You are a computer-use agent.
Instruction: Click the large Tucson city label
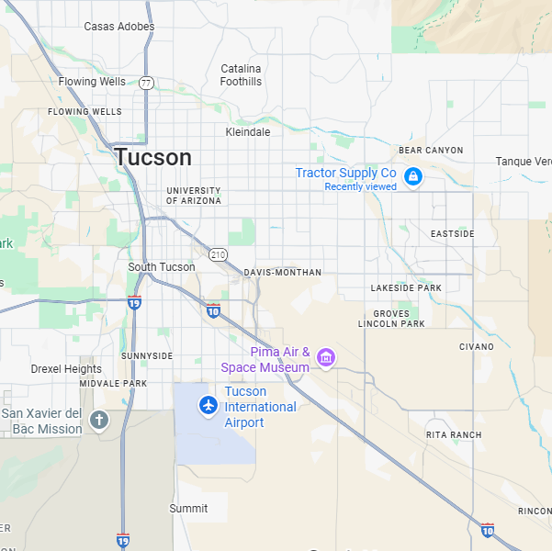pyautogui.click(x=153, y=157)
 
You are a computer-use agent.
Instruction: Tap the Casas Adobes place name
pyautogui.click(x=119, y=27)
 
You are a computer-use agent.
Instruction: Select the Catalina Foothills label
pyautogui.click(x=242, y=75)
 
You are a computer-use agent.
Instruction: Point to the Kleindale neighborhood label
pyautogui.click(x=248, y=132)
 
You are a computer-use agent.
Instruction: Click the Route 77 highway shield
pyautogui.click(x=147, y=83)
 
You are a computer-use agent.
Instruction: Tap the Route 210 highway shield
pyautogui.click(x=218, y=253)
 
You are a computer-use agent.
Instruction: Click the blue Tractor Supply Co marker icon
pyautogui.click(x=413, y=175)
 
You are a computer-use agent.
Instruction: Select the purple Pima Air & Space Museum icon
pyautogui.click(x=326, y=356)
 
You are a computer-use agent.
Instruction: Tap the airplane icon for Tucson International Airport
pyautogui.click(x=208, y=404)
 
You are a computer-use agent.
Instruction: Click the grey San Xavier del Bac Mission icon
pyautogui.click(x=99, y=420)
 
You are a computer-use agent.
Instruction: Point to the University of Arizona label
pyautogui.click(x=194, y=196)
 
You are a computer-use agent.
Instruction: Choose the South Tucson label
pyautogui.click(x=162, y=267)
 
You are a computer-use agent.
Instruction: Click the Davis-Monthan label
pyautogui.click(x=283, y=273)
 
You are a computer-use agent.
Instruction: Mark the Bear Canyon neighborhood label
pyautogui.click(x=431, y=150)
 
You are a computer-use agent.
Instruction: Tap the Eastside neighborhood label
pyautogui.click(x=453, y=234)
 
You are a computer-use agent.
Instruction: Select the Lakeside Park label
pyautogui.click(x=406, y=288)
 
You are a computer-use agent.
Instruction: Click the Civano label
pyautogui.click(x=476, y=347)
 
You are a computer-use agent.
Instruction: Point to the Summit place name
pyautogui.click(x=188, y=508)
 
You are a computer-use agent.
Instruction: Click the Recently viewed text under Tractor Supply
pyautogui.click(x=360, y=187)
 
